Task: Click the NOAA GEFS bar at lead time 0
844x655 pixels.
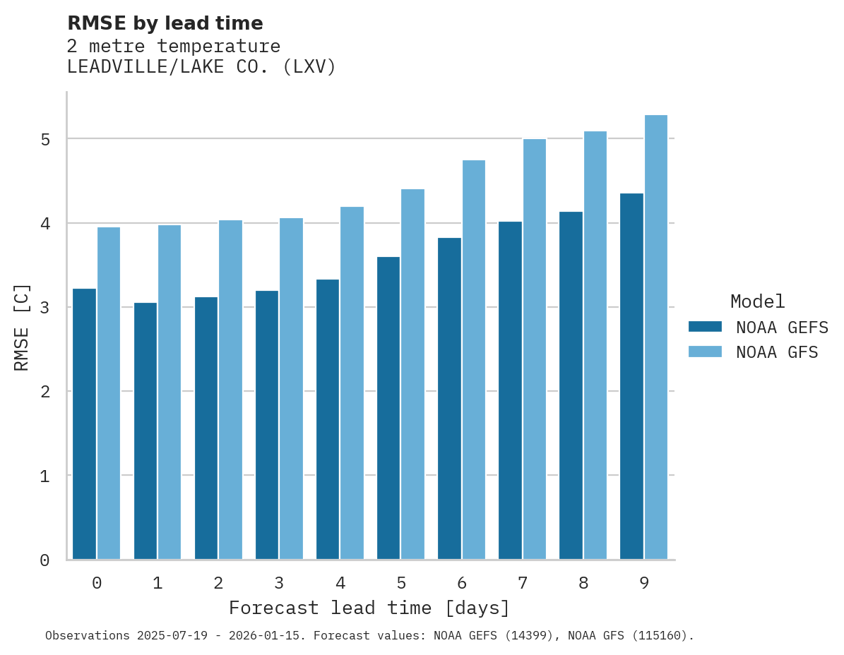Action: [84, 423]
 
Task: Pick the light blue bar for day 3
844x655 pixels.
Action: [291, 388]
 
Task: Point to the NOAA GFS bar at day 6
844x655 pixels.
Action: [473, 360]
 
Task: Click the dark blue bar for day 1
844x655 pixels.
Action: [145, 431]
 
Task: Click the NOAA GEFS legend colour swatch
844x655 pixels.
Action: [705, 327]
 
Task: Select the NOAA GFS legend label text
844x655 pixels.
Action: [777, 352]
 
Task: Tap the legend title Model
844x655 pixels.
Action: [757, 302]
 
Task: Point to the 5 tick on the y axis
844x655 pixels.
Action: [45, 140]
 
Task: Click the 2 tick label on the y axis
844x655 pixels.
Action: [45, 392]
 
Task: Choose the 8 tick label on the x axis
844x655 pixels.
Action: [583, 584]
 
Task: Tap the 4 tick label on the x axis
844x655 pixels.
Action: [340, 584]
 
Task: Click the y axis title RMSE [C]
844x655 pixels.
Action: [23, 327]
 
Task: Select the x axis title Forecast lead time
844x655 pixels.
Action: [369, 608]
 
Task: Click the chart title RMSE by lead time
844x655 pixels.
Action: [165, 23]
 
